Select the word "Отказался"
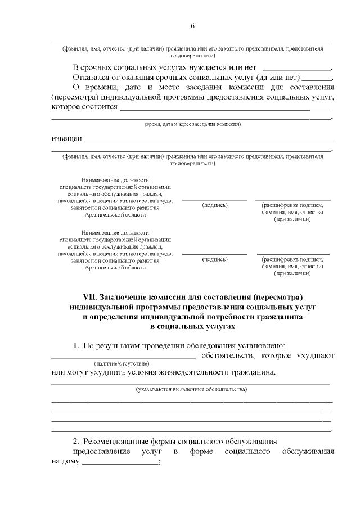click(x=93, y=78)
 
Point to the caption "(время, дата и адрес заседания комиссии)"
click(x=192, y=124)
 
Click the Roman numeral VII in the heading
click(x=90, y=296)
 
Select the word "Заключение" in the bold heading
click(x=128, y=296)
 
